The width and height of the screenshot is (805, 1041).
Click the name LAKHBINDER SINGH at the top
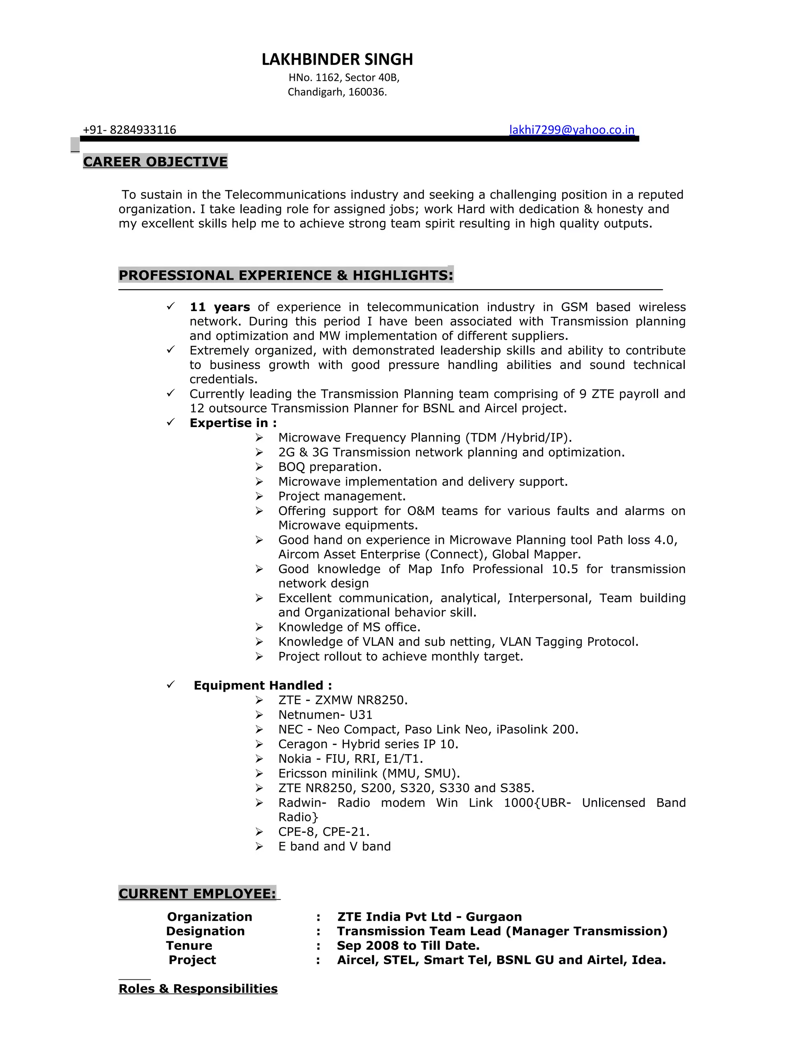337,60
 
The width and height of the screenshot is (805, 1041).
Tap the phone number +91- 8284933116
129,130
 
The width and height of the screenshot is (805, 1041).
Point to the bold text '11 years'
219,307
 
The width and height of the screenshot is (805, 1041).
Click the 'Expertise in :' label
233,423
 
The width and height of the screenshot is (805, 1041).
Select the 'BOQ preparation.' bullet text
329,467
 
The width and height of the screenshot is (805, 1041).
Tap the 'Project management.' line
342,496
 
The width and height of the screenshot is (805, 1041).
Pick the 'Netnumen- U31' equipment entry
325,715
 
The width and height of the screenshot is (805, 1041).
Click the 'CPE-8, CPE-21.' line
324,832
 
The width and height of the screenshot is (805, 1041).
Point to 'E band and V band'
334,846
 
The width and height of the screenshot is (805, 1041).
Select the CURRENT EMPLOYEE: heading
197,893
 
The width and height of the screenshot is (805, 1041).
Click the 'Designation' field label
205,931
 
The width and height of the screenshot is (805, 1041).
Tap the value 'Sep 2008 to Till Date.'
408,945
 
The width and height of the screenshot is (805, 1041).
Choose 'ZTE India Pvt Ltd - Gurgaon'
429,916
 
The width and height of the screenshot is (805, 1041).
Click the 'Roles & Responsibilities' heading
198,989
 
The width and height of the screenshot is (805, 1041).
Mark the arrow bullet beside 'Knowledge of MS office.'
259,627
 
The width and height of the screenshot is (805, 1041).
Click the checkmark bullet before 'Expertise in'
171,422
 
